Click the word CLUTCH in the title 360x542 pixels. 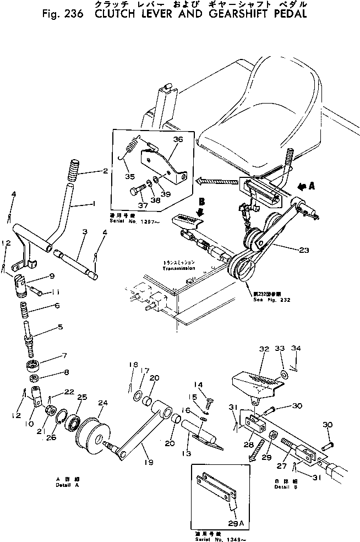click(118, 14)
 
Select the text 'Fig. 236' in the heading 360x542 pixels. click(61, 14)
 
